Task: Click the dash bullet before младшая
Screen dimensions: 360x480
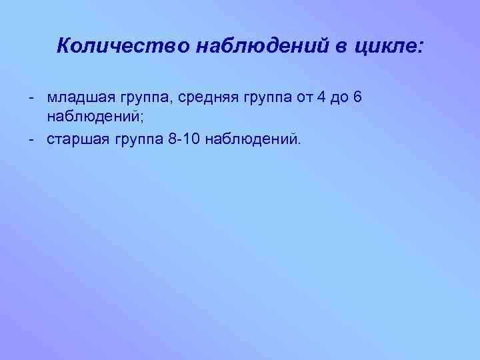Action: click(x=31, y=98)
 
